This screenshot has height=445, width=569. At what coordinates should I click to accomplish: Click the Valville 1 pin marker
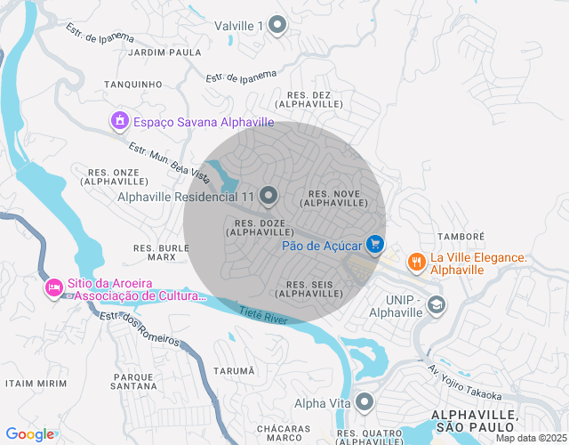click(277, 26)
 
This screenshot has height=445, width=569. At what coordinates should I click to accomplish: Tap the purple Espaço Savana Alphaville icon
click(119, 120)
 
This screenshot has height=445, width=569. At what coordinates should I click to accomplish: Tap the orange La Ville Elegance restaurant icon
click(415, 262)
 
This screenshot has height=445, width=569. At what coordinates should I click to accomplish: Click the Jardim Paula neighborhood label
click(165, 53)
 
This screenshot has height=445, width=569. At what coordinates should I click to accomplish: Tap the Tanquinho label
click(132, 85)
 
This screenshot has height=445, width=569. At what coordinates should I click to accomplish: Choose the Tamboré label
click(461, 237)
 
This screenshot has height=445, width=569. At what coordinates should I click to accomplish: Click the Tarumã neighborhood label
click(234, 370)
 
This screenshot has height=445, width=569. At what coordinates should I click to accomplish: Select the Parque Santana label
click(133, 381)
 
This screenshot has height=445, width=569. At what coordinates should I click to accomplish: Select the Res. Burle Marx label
click(161, 252)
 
